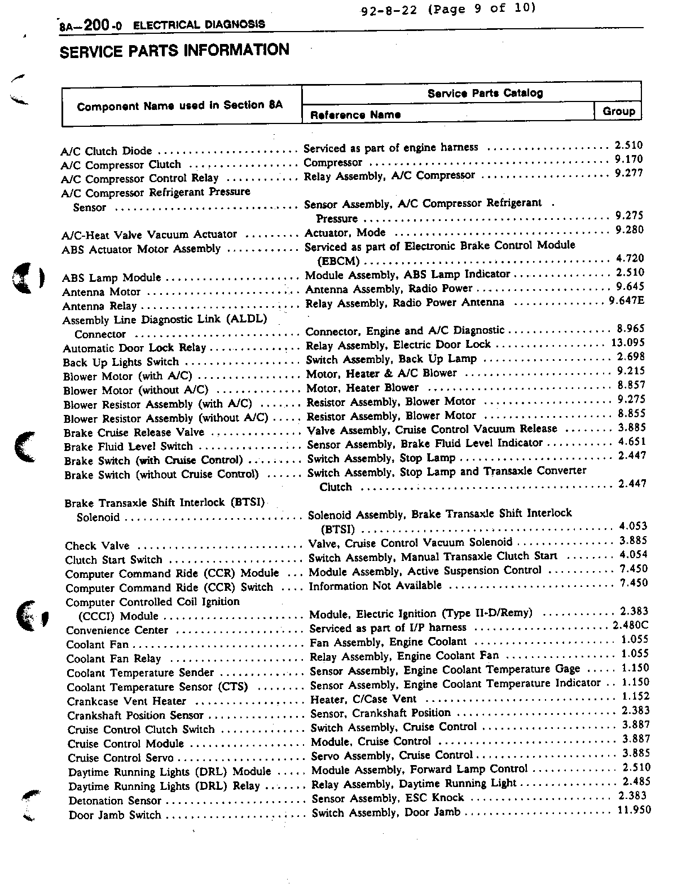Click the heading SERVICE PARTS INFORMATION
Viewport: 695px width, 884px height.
(174, 51)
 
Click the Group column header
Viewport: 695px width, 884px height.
(618, 111)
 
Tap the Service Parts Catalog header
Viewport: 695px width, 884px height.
(485, 93)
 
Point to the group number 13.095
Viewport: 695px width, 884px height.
(627, 343)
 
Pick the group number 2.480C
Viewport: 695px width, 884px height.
(631, 625)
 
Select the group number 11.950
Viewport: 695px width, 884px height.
(634, 810)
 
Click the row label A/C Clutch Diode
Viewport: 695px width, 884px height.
(107, 151)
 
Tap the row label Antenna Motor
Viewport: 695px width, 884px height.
(102, 292)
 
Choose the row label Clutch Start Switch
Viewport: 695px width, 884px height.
(113, 560)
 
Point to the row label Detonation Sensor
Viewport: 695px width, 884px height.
(115, 801)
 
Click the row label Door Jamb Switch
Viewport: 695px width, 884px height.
(115, 815)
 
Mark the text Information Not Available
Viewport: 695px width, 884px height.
(375, 586)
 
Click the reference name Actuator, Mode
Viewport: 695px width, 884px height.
(345, 232)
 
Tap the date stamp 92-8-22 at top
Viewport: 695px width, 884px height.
(389, 10)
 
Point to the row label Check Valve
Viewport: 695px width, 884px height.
(97, 546)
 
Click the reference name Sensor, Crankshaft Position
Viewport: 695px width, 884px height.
(381, 713)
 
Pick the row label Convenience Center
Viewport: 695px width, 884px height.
(117, 630)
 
